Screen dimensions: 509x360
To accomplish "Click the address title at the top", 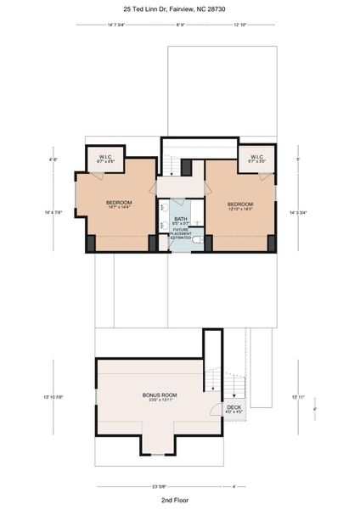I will click(x=179, y=8).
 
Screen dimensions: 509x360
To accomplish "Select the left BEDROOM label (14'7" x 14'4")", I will click(x=118, y=204).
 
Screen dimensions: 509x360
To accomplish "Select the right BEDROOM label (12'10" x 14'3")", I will click(x=239, y=205).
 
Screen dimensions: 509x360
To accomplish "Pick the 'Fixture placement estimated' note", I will click(x=181, y=234).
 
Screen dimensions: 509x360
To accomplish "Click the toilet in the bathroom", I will click(x=195, y=241).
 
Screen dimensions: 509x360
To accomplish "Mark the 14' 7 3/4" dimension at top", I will click(x=116, y=25).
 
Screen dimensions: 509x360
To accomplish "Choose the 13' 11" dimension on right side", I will click(x=296, y=396).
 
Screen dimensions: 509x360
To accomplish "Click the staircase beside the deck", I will click(x=229, y=386).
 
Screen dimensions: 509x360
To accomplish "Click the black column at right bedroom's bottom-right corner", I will click(x=272, y=243).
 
